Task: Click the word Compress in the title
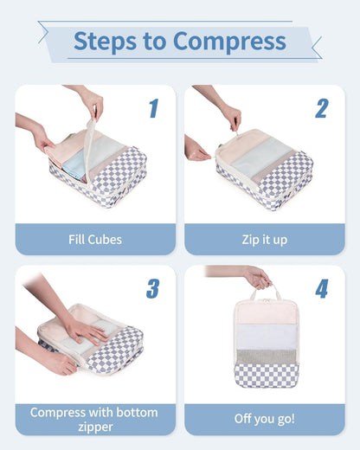(229, 41)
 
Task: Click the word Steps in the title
(102, 41)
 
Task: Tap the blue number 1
(153, 108)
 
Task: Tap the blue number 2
(321, 108)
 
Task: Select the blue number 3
(152, 288)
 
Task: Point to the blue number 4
(321, 288)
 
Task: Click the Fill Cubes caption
(94, 240)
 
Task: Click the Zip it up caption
(264, 240)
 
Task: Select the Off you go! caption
(264, 419)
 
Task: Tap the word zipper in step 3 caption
(94, 427)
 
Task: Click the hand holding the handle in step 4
(256, 277)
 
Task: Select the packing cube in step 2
(264, 169)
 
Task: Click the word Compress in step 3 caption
(58, 412)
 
